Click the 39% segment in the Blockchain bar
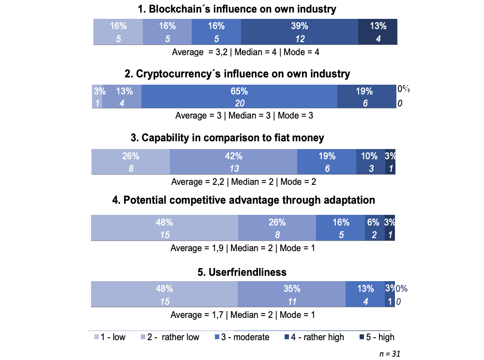(299, 32)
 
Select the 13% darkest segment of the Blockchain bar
(378, 32)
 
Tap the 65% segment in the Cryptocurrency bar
(239, 97)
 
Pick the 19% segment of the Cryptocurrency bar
(366, 97)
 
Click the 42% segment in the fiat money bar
(233, 162)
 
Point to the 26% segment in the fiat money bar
(131, 162)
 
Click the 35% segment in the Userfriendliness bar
(291, 295)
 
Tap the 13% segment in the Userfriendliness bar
(365, 295)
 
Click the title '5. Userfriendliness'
(242, 272)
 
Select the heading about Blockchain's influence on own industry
(237, 9)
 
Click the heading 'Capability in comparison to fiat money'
(227, 138)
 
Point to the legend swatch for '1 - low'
(96, 337)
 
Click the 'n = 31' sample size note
(390, 353)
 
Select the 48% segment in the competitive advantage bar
(165, 228)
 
